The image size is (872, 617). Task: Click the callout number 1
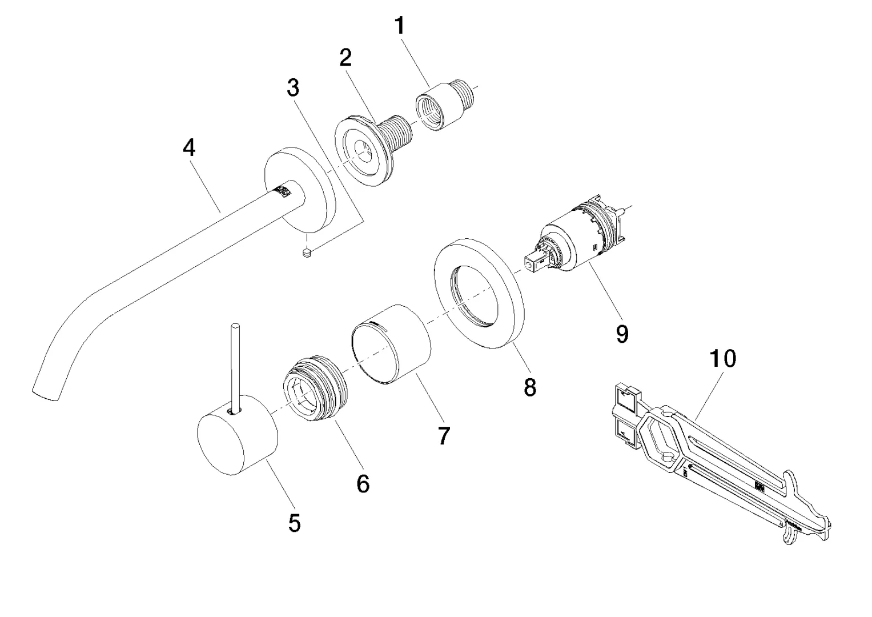(x=400, y=26)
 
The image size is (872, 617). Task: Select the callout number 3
(x=293, y=88)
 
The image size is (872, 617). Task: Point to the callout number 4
(x=189, y=148)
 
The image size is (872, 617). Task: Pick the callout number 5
(x=294, y=522)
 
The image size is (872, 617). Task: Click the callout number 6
(x=363, y=484)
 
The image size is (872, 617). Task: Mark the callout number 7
(x=444, y=436)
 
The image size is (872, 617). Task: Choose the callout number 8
(x=530, y=388)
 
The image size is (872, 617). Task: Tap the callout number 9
(x=622, y=334)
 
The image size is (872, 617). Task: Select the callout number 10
(x=722, y=359)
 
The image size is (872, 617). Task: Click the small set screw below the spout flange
(x=307, y=252)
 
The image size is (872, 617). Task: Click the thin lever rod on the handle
(x=235, y=366)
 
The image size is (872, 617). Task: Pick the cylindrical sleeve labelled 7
(x=392, y=345)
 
